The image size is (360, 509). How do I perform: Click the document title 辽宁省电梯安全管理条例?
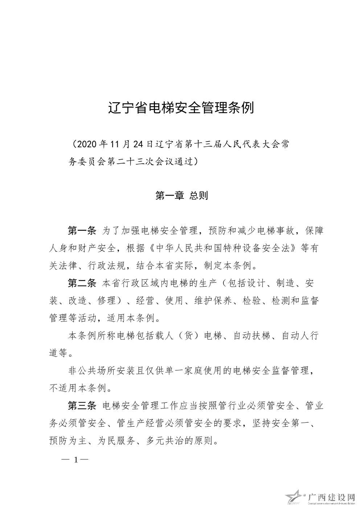click(x=181, y=108)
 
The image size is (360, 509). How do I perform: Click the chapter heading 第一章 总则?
click(x=181, y=196)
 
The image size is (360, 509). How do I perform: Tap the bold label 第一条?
click(x=82, y=230)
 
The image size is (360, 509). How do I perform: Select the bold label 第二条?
click(x=82, y=283)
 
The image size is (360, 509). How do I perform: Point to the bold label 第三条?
click(x=82, y=406)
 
